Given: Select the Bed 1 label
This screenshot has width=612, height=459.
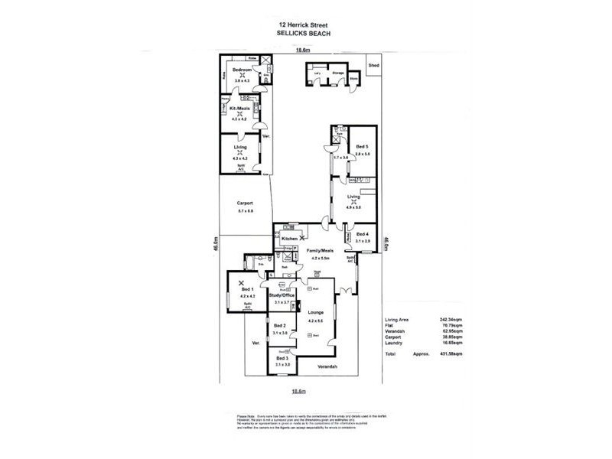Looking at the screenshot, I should coord(246,290).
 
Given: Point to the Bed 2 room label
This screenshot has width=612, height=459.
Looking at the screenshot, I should coord(279,327).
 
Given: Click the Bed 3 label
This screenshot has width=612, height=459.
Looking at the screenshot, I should coord(282,358).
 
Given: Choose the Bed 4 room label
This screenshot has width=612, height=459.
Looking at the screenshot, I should coord(362,234).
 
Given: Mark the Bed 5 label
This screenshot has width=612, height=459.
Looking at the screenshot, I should coord(362,147).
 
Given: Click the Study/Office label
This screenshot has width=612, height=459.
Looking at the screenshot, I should coord(282,295).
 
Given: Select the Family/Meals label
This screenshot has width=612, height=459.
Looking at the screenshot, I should coord(322,251).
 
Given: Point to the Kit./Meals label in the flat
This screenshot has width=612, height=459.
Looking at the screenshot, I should coord(240,109).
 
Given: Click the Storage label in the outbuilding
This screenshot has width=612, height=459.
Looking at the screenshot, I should coord(338,73).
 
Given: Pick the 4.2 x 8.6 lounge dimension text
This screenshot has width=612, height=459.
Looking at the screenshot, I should coord(316,321).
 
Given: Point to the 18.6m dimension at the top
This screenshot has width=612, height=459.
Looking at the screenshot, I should coord(304,50).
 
